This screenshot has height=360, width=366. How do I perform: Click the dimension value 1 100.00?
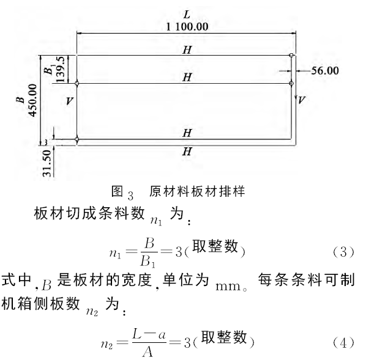pos(187,26)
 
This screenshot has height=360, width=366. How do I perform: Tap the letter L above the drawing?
pos(187,15)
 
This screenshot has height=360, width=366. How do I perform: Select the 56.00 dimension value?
pos(325,70)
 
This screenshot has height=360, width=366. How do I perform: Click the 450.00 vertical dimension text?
pos(32,100)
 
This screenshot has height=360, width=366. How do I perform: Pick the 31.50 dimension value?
pos(47,163)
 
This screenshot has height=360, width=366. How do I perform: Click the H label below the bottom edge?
pos(187,152)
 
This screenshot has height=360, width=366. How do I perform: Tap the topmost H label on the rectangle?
pos(187,50)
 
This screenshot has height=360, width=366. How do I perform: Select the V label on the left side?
pos(69,101)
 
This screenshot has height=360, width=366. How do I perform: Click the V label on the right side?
pos(301,100)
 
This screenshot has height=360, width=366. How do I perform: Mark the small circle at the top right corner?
pos(291,55)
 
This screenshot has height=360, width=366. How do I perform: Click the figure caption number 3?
pos(130,196)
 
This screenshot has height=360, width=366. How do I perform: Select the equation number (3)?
pos(343,252)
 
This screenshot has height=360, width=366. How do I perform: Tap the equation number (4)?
pos(343,343)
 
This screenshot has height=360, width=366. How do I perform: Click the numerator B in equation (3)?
pos(149,243)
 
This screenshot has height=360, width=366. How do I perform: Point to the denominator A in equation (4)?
pos(148,352)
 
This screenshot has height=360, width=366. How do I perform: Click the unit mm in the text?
pos(228,286)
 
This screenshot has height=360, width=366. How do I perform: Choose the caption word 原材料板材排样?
pos(197,192)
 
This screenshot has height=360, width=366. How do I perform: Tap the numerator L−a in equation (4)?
pos(149,334)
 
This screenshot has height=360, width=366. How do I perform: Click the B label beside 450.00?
pos(21,100)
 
